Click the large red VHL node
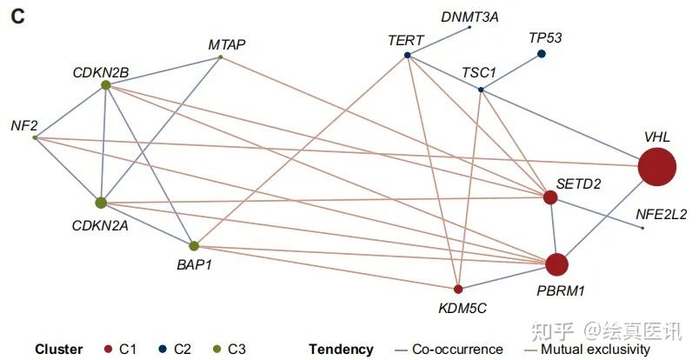(x=656, y=167)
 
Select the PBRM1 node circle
(x=556, y=264)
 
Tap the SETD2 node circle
(x=549, y=198)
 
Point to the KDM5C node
(x=458, y=289)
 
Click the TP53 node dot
(x=542, y=54)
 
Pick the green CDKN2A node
(x=101, y=203)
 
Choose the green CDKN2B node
(x=105, y=85)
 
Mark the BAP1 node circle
(x=194, y=246)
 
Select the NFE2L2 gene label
(x=661, y=213)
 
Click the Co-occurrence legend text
(x=456, y=350)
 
